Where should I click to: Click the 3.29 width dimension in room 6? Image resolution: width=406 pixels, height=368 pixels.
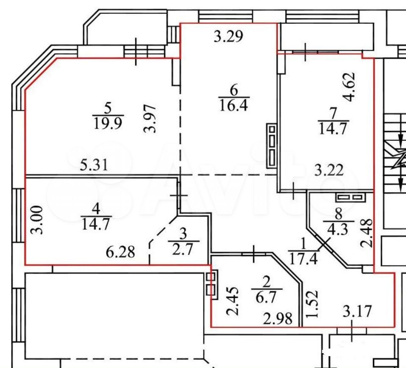click(x=228, y=36)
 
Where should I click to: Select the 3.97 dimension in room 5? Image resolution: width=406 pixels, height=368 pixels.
click(x=150, y=118)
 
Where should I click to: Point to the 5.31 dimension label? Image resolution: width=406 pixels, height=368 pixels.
click(x=94, y=165)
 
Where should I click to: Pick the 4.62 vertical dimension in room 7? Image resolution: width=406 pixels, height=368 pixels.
click(x=348, y=87)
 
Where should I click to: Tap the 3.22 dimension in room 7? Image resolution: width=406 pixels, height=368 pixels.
click(x=329, y=170)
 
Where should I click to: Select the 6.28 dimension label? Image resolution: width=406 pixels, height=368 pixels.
click(x=120, y=252)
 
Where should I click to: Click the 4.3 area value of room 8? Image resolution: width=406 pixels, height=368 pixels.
click(x=338, y=229)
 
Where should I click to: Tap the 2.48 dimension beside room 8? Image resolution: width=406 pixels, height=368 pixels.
click(x=367, y=233)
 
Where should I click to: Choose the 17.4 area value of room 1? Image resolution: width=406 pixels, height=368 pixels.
click(x=303, y=258)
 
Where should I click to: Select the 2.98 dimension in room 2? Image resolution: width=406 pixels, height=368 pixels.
click(x=278, y=319)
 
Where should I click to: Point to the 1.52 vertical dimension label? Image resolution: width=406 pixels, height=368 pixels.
click(x=311, y=304)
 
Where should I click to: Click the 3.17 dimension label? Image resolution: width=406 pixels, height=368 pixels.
click(x=357, y=311)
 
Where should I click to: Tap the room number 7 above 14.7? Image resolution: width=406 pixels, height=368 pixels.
click(x=333, y=113)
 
